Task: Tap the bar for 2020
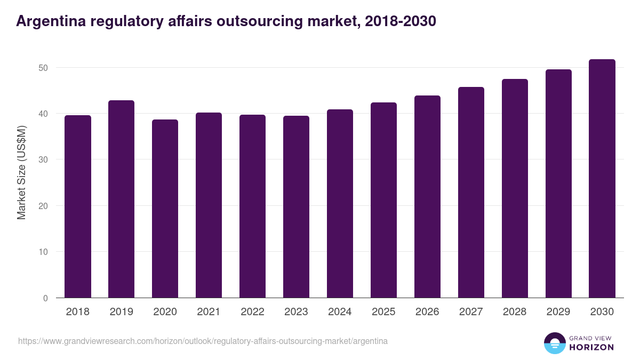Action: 165,209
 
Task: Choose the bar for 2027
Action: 471,193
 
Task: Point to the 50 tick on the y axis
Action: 43,68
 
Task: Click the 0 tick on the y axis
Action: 45,298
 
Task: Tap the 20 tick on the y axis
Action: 43,206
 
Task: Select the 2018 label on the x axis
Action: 77,312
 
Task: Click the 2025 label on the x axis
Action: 383,312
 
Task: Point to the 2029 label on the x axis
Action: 558,312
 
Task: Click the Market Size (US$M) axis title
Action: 21,172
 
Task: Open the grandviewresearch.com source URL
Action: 203,341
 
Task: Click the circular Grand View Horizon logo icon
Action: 555,343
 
